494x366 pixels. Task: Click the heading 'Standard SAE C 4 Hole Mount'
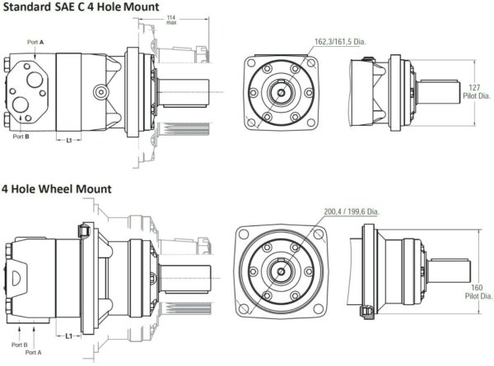[x=81, y=7]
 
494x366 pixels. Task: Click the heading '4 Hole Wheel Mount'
[x=57, y=189]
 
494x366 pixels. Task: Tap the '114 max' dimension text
[x=171, y=20]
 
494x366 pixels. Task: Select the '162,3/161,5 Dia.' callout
[x=340, y=42]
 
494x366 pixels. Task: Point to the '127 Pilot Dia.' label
[x=477, y=91]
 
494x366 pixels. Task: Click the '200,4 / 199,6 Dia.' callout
[x=352, y=211]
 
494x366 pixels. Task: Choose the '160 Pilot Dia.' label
[x=478, y=292]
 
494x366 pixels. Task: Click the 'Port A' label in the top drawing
[x=35, y=42]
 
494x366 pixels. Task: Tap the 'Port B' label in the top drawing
[x=21, y=137]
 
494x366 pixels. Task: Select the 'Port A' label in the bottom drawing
[x=34, y=353]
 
